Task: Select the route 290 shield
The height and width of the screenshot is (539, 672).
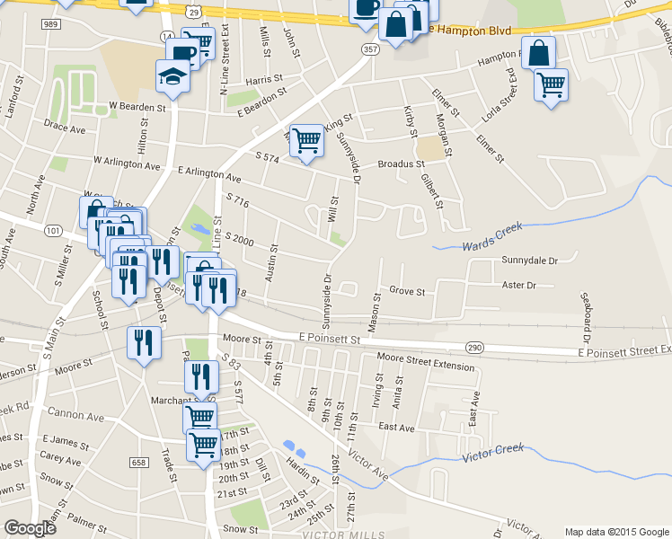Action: [474, 347]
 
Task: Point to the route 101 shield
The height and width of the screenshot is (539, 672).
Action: [53, 231]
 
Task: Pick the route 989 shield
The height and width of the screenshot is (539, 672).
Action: [50, 24]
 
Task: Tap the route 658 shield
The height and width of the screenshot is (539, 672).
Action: [137, 462]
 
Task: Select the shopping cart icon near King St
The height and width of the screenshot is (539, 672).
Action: [307, 141]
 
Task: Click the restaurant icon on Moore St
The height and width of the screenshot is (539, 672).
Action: [144, 343]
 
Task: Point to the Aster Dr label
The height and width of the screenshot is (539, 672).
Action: [518, 286]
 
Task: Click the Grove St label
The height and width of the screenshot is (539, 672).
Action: [407, 291]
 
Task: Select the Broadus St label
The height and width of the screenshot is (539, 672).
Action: [401, 164]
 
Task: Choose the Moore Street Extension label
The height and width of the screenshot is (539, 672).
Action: [425, 367]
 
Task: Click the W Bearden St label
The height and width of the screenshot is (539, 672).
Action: [138, 106]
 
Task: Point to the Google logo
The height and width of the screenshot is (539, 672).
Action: [31, 528]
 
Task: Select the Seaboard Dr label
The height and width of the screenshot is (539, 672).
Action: [585, 317]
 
